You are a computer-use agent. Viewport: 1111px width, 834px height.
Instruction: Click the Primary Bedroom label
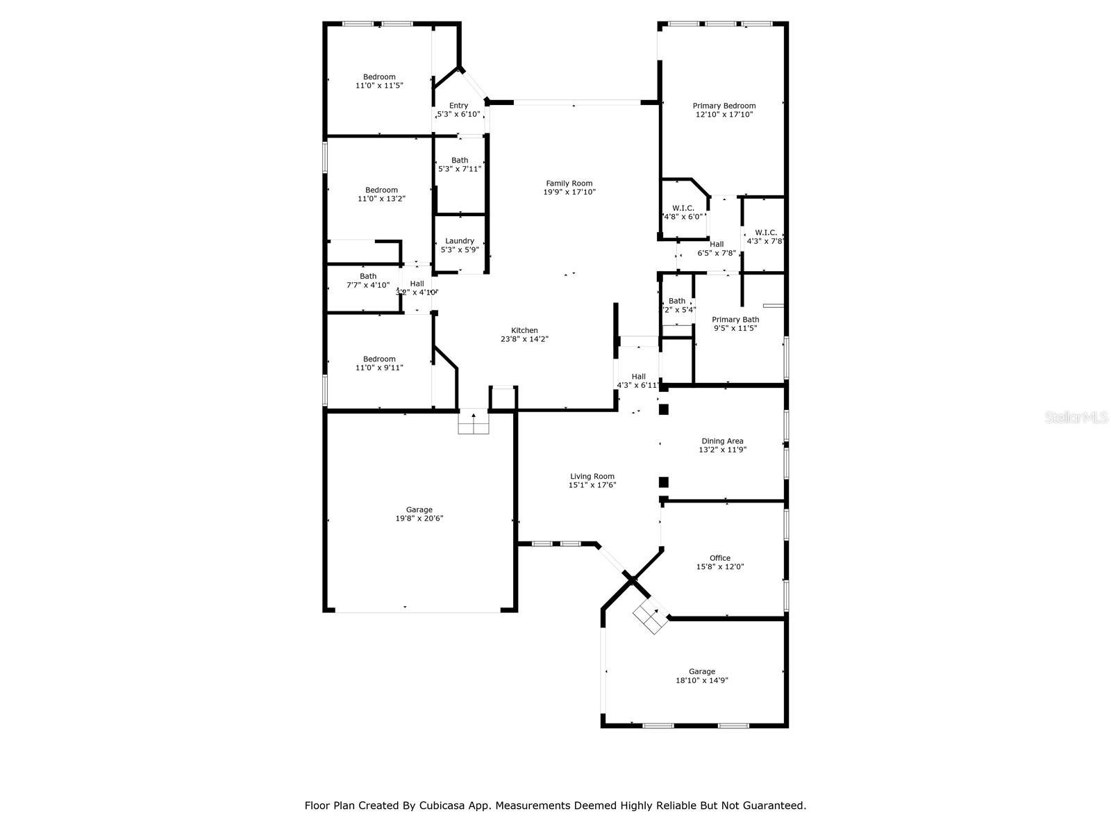(x=724, y=106)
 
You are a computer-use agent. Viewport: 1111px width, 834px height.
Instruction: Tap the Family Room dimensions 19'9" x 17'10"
(x=569, y=193)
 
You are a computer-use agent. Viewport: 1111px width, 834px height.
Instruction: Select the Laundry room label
(x=460, y=241)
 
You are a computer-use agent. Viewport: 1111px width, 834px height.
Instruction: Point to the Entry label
(x=458, y=106)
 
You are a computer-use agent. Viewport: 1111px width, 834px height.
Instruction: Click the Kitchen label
(x=524, y=331)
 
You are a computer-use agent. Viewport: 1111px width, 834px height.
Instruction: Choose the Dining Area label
(x=722, y=441)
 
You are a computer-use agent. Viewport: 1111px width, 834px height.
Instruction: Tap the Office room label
(x=720, y=558)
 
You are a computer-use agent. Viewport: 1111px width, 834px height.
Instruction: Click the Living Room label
(x=592, y=477)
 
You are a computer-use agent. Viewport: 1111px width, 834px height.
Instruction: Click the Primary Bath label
(x=735, y=320)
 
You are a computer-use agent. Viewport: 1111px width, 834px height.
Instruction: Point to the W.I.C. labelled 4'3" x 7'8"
(x=765, y=233)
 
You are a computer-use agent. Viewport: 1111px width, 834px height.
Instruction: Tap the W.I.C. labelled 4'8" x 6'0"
(x=683, y=208)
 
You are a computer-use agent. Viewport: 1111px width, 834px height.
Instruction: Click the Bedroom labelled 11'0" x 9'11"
(x=379, y=359)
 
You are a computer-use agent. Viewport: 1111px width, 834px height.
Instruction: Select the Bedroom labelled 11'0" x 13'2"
(x=381, y=190)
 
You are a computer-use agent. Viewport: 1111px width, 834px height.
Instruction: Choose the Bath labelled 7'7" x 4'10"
(x=368, y=277)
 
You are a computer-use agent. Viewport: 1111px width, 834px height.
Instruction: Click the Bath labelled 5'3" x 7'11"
(x=460, y=161)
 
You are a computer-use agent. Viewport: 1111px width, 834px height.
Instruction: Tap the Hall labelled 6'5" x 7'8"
(x=717, y=245)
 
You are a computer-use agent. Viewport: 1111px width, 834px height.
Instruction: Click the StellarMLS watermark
(x=1077, y=418)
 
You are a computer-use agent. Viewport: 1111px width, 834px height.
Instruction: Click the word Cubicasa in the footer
(x=442, y=806)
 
